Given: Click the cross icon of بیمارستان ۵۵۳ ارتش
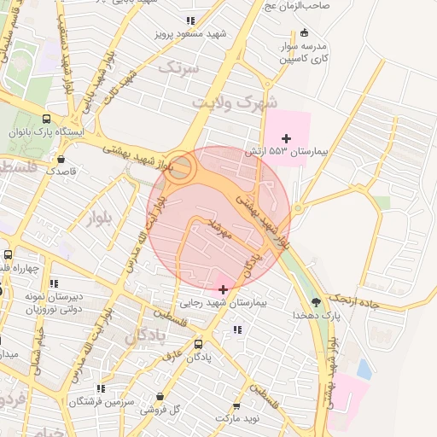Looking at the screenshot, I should click(287, 137).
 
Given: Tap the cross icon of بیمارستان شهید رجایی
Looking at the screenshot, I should click(224, 289).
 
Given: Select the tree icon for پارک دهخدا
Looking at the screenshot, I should click(318, 301).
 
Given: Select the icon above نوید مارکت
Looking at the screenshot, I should click(236, 408).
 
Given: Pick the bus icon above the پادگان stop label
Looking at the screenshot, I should click(199, 344).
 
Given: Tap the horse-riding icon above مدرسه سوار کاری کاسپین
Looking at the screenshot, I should click(305, 32).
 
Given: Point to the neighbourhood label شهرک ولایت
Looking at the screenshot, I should click(234, 102).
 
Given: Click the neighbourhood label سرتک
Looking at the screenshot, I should click(178, 66).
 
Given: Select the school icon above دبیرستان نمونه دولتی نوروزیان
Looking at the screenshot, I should click(54, 283).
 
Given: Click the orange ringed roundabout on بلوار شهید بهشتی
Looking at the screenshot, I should click(179, 166).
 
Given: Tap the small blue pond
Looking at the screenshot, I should click(364, 369).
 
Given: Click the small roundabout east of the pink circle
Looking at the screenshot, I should click(298, 208).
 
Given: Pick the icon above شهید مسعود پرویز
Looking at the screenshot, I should click(189, 20).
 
